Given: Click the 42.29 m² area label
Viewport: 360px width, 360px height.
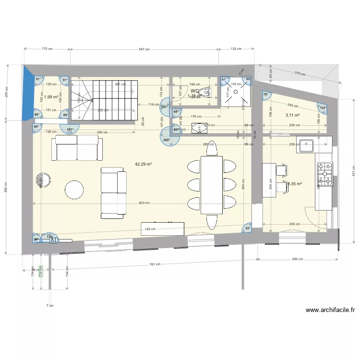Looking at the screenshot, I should click(144, 164).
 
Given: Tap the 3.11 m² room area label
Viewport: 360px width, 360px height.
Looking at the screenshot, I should click(292, 115).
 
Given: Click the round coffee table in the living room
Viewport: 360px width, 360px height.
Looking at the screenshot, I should click(75, 189).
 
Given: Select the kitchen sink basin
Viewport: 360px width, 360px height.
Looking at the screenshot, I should click(306, 144).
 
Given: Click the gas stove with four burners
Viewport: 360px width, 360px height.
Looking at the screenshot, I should click(324, 173).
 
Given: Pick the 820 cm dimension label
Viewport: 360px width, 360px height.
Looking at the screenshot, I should click(144, 203).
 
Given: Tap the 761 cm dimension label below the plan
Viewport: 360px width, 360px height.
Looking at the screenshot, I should click(155, 264).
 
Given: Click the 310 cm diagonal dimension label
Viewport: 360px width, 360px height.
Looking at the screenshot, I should click(300, 73).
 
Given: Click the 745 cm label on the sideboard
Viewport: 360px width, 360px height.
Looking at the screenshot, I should click(150, 229).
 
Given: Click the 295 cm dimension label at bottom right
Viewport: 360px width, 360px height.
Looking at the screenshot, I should click(298, 259).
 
